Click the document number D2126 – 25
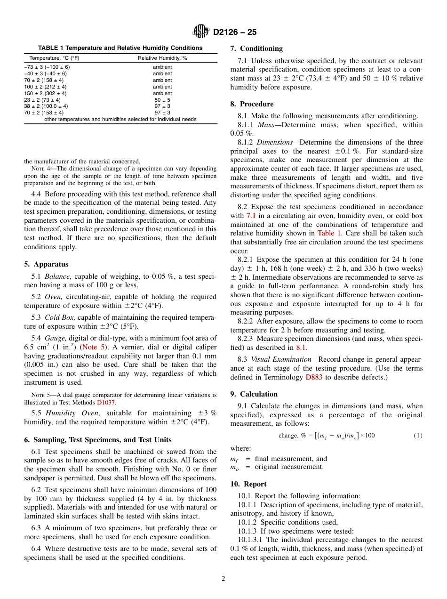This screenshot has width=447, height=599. [235, 32]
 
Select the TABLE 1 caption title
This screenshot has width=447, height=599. [120, 48]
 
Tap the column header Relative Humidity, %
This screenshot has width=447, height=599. [162, 58]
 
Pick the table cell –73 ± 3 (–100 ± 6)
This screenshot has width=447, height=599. [47, 67]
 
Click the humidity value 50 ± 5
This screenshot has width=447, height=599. [162, 100]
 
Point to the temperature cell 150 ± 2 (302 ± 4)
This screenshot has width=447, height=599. [45, 93]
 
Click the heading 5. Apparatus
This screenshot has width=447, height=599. [46, 264]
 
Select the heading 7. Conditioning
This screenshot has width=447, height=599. [256, 49]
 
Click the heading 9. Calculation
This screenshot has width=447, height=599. [254, 394]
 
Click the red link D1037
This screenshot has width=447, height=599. [106, 403]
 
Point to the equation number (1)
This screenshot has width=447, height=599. [418, 435]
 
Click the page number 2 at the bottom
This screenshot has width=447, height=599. [223, 579]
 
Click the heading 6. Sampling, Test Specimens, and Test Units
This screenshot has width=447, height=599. [98, 440]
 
